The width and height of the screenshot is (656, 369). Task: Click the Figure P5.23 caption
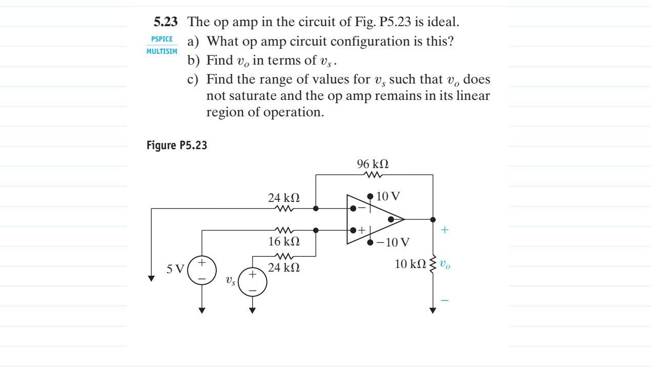pos(178,146)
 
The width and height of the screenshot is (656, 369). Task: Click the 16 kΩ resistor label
pos(284,241)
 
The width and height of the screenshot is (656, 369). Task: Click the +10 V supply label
pos(387,196)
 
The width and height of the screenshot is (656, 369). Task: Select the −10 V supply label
pos(393,242)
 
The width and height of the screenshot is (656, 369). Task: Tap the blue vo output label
pos(445,265)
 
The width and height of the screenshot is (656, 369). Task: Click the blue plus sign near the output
pos(444,231)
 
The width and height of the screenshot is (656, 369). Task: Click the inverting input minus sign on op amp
pos(362,208)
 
